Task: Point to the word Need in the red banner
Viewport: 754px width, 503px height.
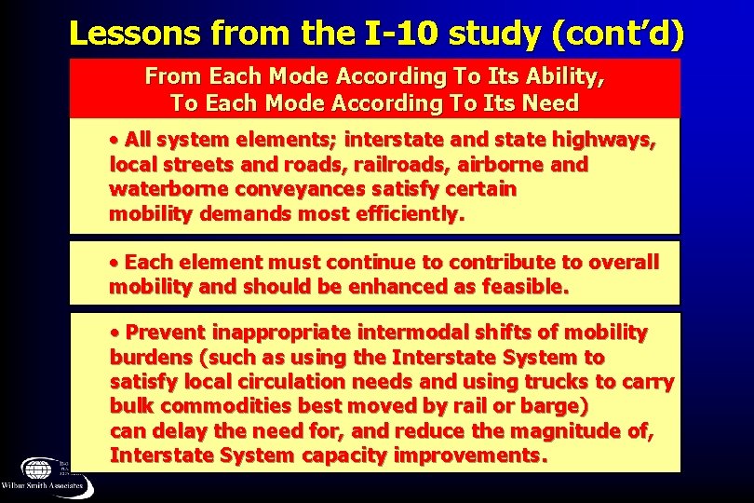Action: (x=550, y=102)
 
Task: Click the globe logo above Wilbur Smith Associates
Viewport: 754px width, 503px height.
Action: (x=40, y=469)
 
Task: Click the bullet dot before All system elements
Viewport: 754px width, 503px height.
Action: (x=114, y=141)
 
